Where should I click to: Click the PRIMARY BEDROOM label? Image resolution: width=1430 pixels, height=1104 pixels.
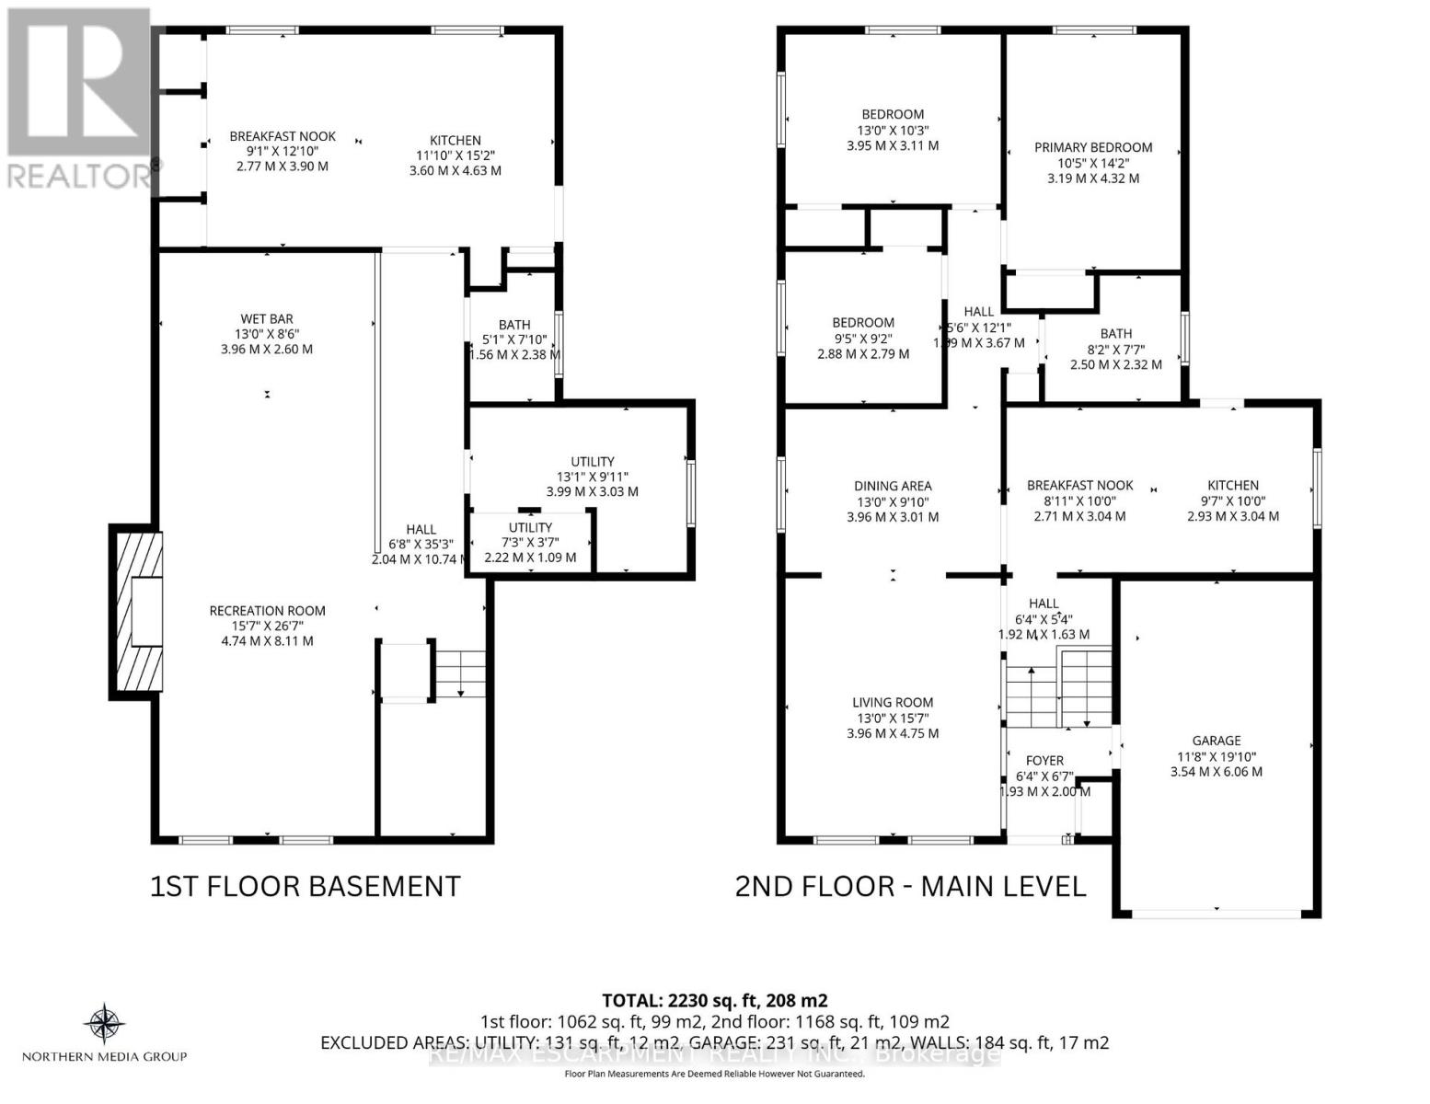point(1092,147)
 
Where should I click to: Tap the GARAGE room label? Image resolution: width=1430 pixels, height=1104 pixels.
point(1216,741)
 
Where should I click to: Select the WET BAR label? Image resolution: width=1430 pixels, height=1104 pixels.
point(267,319)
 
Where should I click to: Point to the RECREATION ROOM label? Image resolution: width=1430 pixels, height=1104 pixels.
point(267,611)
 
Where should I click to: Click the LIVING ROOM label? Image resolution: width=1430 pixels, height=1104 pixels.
point(892,703)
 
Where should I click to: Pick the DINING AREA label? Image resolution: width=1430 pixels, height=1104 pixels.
point(892,486)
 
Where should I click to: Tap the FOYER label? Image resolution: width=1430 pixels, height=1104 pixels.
point(1044,761)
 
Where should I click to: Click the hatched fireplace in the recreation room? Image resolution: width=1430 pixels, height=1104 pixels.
point(136,612)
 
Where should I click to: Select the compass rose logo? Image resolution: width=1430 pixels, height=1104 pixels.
point(104,1024)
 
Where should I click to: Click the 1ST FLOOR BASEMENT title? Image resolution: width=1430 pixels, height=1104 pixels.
point(305,886)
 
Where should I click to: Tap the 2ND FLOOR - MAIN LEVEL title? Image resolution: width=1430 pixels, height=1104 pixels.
point(910,886)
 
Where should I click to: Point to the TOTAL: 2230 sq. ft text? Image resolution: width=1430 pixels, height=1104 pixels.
point(714,1000)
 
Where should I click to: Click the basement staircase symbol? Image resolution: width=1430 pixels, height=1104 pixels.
point(459,673)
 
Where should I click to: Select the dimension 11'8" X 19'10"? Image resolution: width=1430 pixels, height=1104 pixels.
point(1216,756)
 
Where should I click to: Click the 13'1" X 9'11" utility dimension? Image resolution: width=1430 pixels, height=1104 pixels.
point(592,477)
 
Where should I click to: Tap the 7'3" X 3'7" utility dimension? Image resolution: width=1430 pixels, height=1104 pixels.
point(530,543)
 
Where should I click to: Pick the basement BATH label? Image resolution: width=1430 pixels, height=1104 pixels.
point(513,325)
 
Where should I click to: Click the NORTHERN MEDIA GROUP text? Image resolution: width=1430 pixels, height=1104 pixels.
point(104,1056)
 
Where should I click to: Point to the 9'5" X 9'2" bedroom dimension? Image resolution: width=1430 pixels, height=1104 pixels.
point(862,339)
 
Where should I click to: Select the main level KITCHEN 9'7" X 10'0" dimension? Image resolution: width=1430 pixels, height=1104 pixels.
point(1232,501)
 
